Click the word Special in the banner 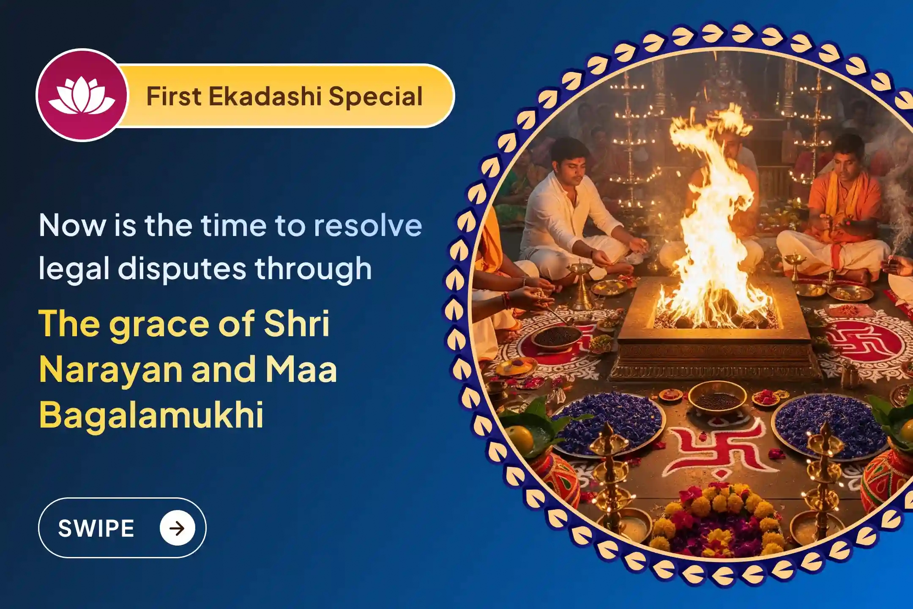tap(376, 97)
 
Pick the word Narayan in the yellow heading tap(111, 369)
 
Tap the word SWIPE tap(96, 528)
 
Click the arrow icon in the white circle tap(177, 528)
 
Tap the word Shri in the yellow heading tap(296, 324)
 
